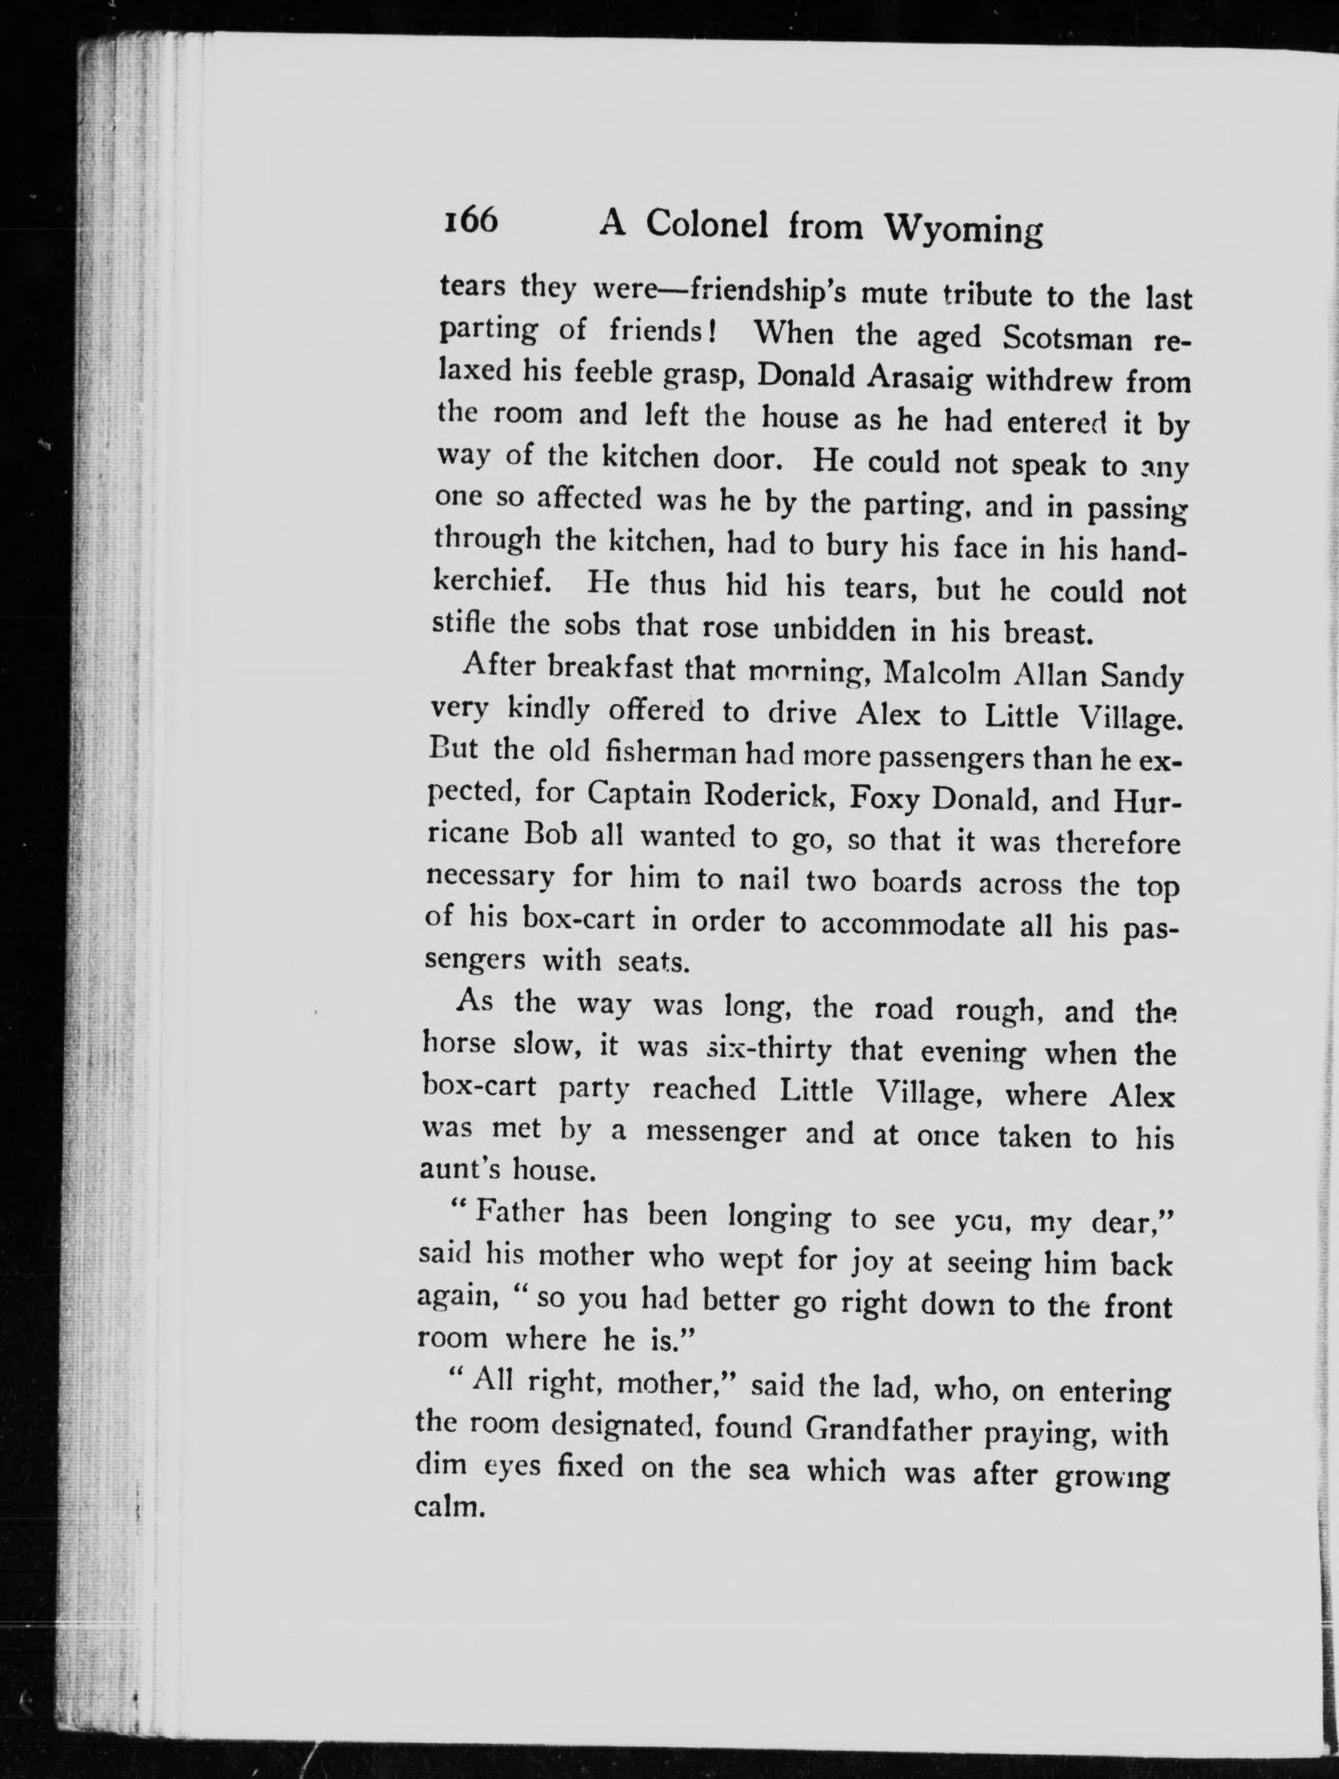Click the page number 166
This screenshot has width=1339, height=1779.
pyautogui.click(x=470, y=220)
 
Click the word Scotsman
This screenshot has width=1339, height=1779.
pyautogui.click(x=1067, y=338)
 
